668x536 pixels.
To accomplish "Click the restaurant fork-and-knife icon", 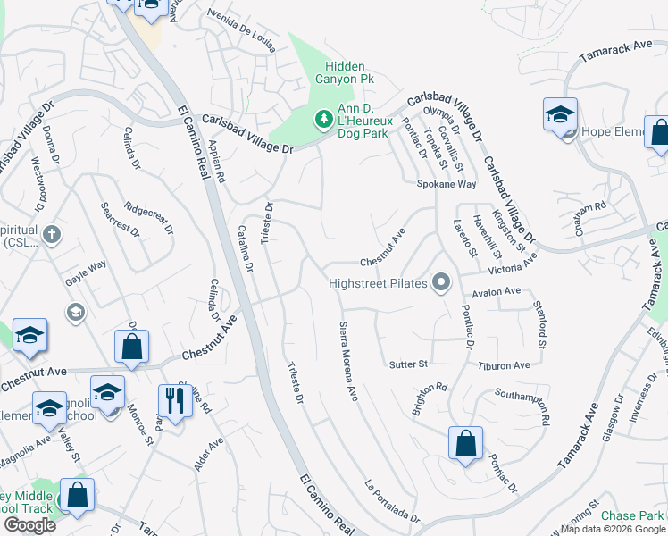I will point(173,400).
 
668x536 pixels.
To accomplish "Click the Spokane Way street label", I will point(447,184).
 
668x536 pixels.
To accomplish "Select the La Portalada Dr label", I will point(391,502).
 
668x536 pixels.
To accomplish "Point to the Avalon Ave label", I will point(497,291).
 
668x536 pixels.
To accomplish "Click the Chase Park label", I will point(632,516).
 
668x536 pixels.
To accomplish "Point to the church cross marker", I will point(53,235).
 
